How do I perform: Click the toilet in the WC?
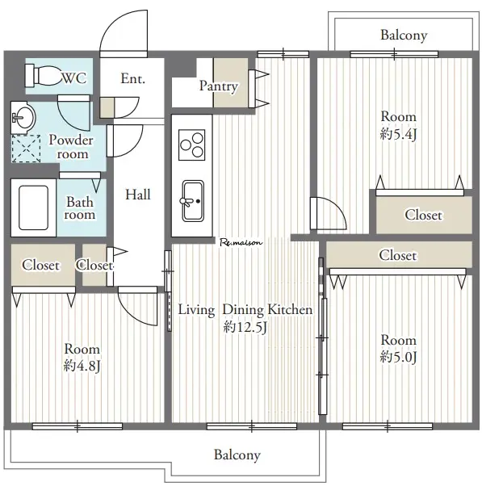point(44,76)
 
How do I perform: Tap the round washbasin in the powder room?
point(25,118)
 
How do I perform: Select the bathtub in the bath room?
point(33,207)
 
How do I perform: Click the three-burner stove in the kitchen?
point(192,145)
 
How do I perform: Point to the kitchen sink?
point(193,201)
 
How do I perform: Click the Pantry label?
point(219,86)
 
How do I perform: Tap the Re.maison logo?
point(241,242)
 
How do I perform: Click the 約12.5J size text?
point(245,327)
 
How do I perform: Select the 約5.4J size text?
point(398,134)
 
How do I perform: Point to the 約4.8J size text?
point(82,366)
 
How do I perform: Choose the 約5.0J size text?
point(398,357)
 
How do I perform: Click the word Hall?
point(138,195)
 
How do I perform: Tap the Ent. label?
point(133,78)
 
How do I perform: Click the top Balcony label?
point(404,35)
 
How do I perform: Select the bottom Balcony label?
point(237,455)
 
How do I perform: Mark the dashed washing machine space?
point(26,149)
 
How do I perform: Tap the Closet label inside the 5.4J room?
point(423,215)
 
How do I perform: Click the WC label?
point(74,78)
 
